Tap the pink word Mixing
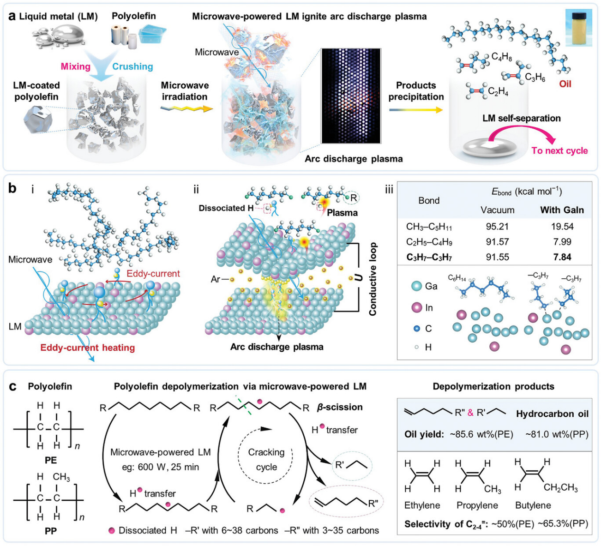click(76, 66)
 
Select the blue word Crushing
click(132, 66)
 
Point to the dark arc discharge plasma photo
click(351, 96)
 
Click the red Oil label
click(565, 84)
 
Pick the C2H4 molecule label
click(498, 92)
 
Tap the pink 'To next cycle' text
click(559, 150)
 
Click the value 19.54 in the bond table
click(562, 226)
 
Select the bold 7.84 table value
click(562, 257)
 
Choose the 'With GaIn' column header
click(562, 210)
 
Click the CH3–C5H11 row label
click(429, 226)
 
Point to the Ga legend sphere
click(417, 286)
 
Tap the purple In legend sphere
click(417, 307)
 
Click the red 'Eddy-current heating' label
click(88, 348)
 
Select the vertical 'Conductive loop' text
click(373, 279)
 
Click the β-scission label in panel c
click(339, 407)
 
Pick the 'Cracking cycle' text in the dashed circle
click(266, 459)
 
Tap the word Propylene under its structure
click(477, 505)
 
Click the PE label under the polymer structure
click(51, 460)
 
